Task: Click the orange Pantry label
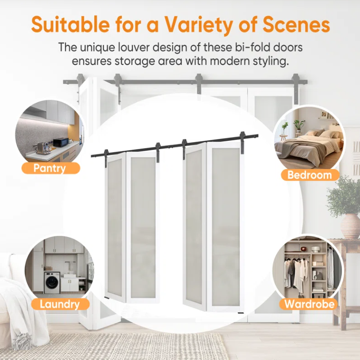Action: [51, 168]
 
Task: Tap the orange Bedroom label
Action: [310, 175]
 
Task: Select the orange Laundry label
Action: [60, 304]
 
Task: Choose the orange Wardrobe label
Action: [309, 304]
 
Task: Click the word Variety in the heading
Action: [198, 24]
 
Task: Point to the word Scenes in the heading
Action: [296, 24]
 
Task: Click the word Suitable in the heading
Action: [70, 24]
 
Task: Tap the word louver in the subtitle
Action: [134, 47]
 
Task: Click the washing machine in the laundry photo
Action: [52, 283]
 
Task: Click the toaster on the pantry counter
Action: [42, 147]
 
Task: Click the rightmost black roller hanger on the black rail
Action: [243, 143]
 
